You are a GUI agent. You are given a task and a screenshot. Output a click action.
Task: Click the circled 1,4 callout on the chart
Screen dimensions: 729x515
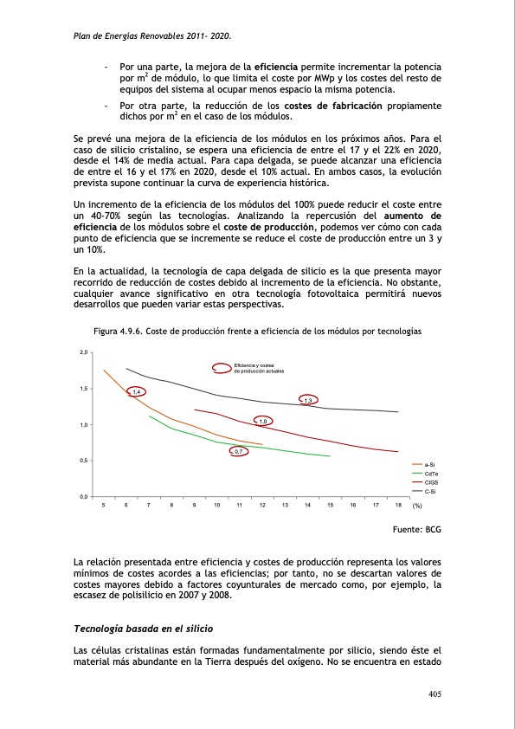(x=136, y=392)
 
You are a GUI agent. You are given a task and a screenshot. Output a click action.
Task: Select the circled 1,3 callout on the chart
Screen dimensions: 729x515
(x=307, y=399)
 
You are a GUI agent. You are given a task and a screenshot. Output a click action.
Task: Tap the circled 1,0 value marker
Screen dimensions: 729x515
(x=263, y=421)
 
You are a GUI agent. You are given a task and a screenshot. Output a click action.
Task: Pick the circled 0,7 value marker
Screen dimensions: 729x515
(x=238, y=451)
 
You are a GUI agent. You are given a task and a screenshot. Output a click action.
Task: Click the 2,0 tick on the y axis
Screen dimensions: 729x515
(x=84, y=352)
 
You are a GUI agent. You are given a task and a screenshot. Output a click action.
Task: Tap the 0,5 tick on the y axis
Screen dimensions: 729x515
(x=84, y=461)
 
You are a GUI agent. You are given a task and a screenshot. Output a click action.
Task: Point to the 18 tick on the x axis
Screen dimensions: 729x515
(x=397, y=504)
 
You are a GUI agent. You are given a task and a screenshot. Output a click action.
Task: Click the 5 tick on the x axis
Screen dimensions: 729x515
(x=104, y=504)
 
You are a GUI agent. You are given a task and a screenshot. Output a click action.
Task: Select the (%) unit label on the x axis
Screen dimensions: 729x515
(x=416, y=504)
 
